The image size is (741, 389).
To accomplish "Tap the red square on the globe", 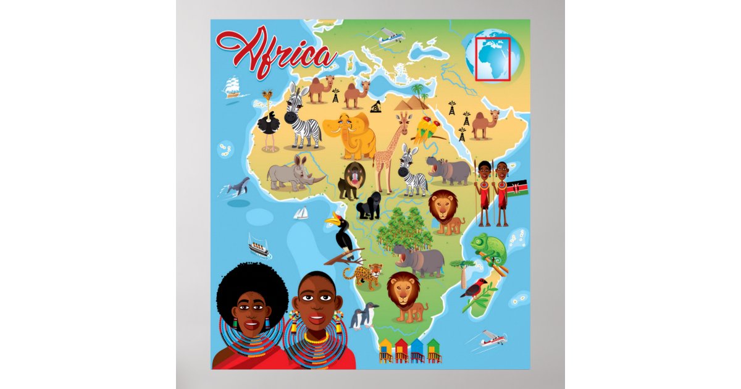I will pos(493,59).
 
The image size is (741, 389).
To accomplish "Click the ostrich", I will pos(269,123).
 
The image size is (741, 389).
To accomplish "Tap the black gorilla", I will pos(369,205).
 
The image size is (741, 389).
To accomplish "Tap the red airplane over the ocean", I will pos(492,338).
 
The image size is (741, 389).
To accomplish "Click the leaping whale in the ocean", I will pos(238,186).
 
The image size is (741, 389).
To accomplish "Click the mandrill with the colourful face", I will pos(353,180).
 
